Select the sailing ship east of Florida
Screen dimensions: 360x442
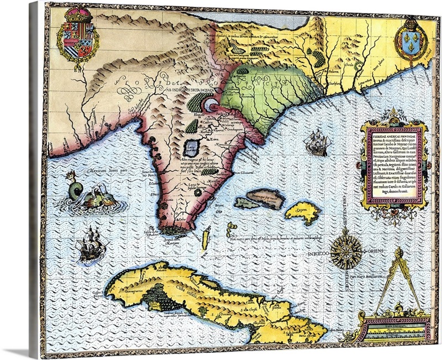click(x=318, y=143)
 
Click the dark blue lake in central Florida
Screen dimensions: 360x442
click(x=191, y=148)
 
